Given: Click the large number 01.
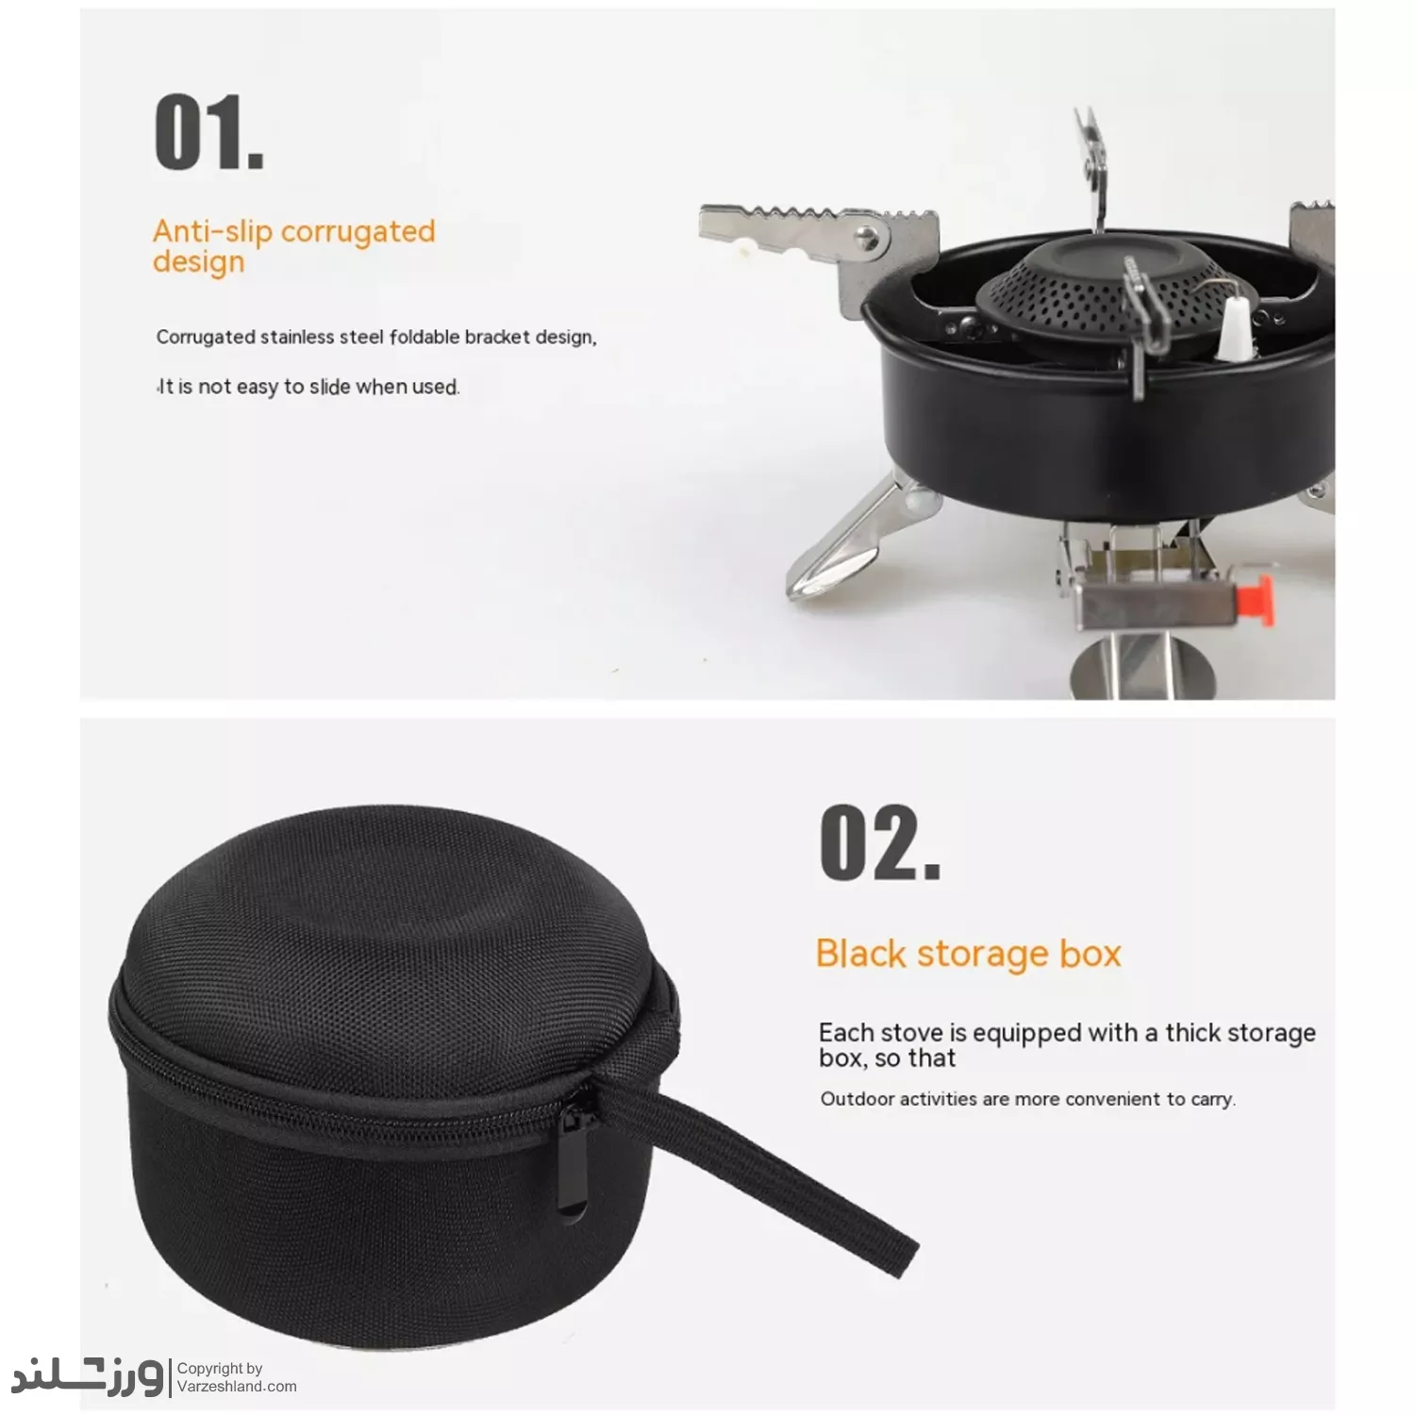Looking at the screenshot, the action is pyautogui.click(x=208, y=132).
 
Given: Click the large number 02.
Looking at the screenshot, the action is pyautogui.click(x=880, y=842).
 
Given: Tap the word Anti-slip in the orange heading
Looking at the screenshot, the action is pyautogui.click(x=212, y=231).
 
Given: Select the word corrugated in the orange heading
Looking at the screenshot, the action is pyautogui.click(x=358, y=233).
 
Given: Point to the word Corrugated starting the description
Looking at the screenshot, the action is pyautogui.click(x=206, y=338).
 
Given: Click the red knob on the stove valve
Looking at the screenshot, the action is pyautogui.click(x=1256, y=597).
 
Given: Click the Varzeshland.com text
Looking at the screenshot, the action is pyautogui.click(x=237, y=1386).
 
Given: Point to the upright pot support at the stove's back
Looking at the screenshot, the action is pyautogui.click(x=1093, y=170).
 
